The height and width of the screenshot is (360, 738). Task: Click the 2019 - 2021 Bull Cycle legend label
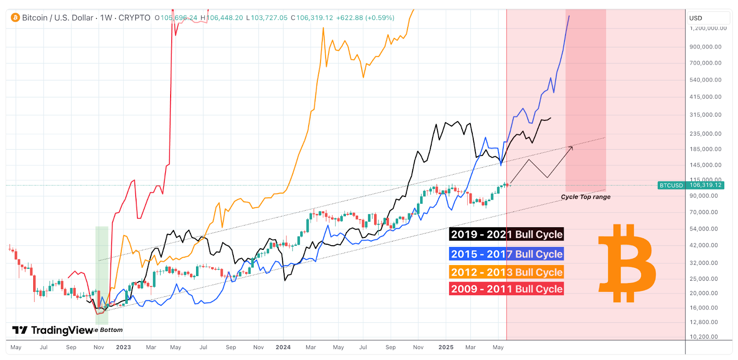[x=506, y=234]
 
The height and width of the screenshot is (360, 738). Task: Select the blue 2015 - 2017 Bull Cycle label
[x=506, y=254]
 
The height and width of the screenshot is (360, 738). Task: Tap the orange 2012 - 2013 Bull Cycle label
[x=506, y=272]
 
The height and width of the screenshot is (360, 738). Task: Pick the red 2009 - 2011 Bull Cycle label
[x=506, y=289]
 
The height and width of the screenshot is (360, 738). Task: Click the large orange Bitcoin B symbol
[x=627, y=263]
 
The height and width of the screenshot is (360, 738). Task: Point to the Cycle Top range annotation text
[x=585, y=197]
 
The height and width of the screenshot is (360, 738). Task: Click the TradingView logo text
[x=53, y=330]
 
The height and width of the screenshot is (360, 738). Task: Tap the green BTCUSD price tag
[x=690, y=185]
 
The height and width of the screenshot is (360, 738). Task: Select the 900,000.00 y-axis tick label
[x=705, y=47]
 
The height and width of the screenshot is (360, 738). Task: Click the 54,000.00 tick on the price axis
[x=703, y=229]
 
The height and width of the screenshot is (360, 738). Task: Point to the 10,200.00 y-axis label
[x=703, y=336]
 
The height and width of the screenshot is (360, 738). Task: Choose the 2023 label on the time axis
[x=123, y=347]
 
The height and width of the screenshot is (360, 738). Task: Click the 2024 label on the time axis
[x=283, y=347]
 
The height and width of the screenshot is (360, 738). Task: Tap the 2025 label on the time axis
[x=446, y=347]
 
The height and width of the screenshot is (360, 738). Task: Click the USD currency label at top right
[x=696, y=18]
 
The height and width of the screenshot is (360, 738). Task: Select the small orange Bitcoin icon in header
[x=15, y=18]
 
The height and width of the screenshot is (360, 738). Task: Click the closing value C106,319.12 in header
[x=312, y=18]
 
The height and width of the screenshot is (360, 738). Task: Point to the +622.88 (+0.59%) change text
[x=365, y=18]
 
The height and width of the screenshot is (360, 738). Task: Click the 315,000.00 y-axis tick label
[x=705, y=115]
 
